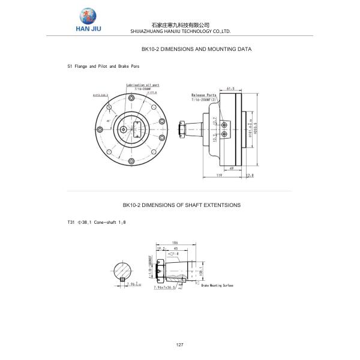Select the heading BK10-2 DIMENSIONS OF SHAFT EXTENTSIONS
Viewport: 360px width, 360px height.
pyautogui.click(x=181, y=205)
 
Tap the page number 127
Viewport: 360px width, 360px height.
pyautogui.click(x=179, y=344)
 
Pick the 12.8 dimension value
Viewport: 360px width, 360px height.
pyautogui.click(x=250, y=175)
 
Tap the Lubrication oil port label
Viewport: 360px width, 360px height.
pyautogui.click(x=143, y=85)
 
